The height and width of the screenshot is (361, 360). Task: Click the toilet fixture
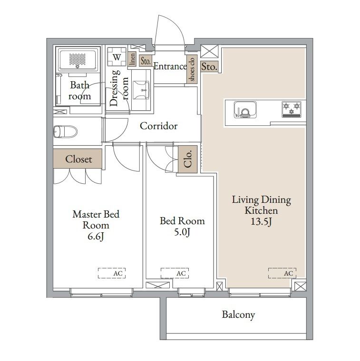point(66,132)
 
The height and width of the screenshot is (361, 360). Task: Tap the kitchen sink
point(245,110)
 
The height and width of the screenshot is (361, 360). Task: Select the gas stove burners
point(292,109)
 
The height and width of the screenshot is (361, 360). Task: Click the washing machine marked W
point(117,57)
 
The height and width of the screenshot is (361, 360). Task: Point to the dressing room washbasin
point(141,90)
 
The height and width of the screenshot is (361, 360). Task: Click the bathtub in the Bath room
point(78,59)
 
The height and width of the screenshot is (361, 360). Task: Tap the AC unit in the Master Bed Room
point(112,273)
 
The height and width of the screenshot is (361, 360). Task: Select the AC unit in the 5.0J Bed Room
point(175,273)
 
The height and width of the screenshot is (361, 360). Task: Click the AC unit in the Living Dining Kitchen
point(282,273)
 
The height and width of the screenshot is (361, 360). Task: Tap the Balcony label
point(238,315)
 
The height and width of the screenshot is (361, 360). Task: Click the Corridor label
point(158,126)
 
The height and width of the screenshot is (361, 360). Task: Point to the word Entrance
point(170,66)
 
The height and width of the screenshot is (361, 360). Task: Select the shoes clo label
point(192,69)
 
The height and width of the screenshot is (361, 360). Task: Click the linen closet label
point(132,59)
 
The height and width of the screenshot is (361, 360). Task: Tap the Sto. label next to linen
point(146,61)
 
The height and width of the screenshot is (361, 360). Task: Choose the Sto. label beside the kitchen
point(209,67)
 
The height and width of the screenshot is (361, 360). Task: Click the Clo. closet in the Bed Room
point(187,159)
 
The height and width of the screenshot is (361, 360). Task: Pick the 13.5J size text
point(261,222)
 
